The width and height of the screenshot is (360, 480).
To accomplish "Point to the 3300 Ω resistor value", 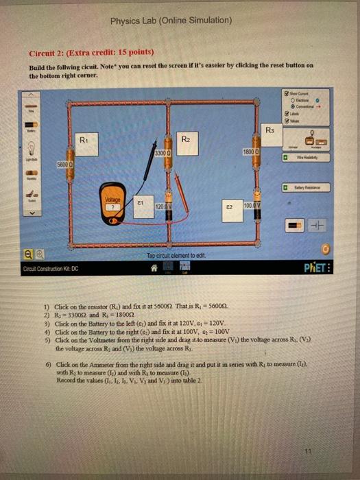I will tap(163, 152).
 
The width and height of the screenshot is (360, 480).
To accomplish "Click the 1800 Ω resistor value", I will tap(250, 151).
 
